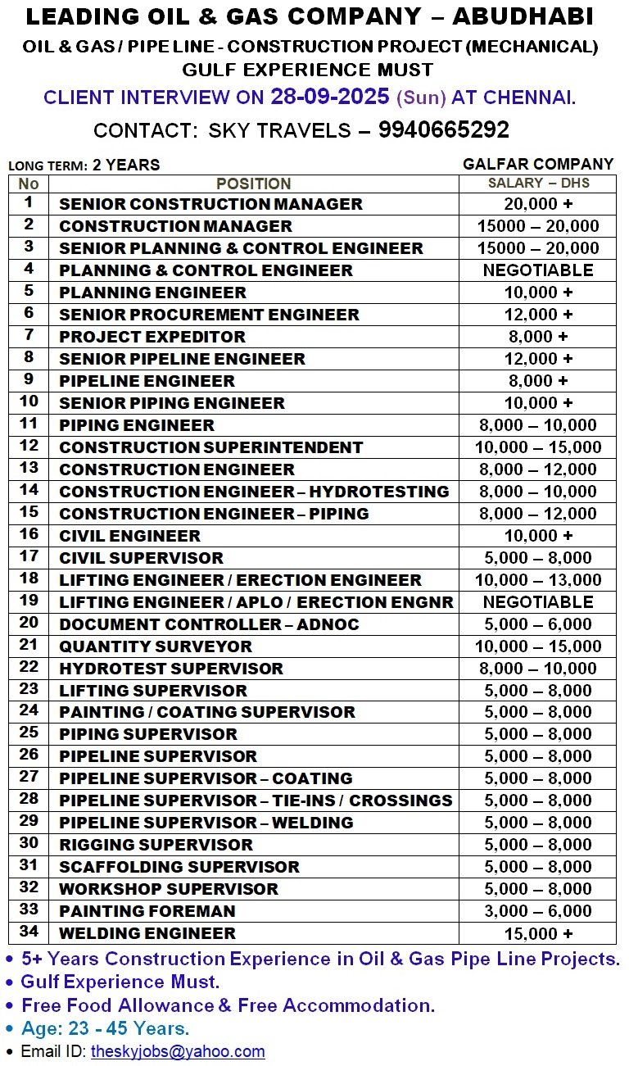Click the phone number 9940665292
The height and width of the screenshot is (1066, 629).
[443, 130]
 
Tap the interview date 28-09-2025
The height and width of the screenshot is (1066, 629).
[329, 97]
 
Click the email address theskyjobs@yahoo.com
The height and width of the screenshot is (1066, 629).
[178, 1051]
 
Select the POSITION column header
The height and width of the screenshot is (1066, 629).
[253, 184]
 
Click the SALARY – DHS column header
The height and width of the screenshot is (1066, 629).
[538, 183]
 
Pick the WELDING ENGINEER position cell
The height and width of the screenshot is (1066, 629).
[147, 933]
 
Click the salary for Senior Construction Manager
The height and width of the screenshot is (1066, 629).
[538, 204]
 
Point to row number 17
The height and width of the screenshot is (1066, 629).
[29, 557]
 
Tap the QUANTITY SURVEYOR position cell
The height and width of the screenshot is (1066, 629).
[156, 646]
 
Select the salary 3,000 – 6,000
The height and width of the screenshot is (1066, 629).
[538, 911]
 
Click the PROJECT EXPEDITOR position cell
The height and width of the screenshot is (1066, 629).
[152, 337]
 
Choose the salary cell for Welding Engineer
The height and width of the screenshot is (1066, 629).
[538, 934]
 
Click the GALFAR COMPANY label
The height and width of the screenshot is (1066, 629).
[537, 164]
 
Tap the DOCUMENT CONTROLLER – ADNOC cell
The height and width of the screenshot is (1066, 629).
[209, 624]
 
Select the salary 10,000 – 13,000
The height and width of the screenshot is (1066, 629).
[538, 580]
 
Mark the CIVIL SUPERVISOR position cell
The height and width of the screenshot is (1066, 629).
[141, 558]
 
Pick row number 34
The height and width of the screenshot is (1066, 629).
[29, 932]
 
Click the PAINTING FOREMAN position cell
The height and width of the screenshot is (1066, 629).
[147, 911]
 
